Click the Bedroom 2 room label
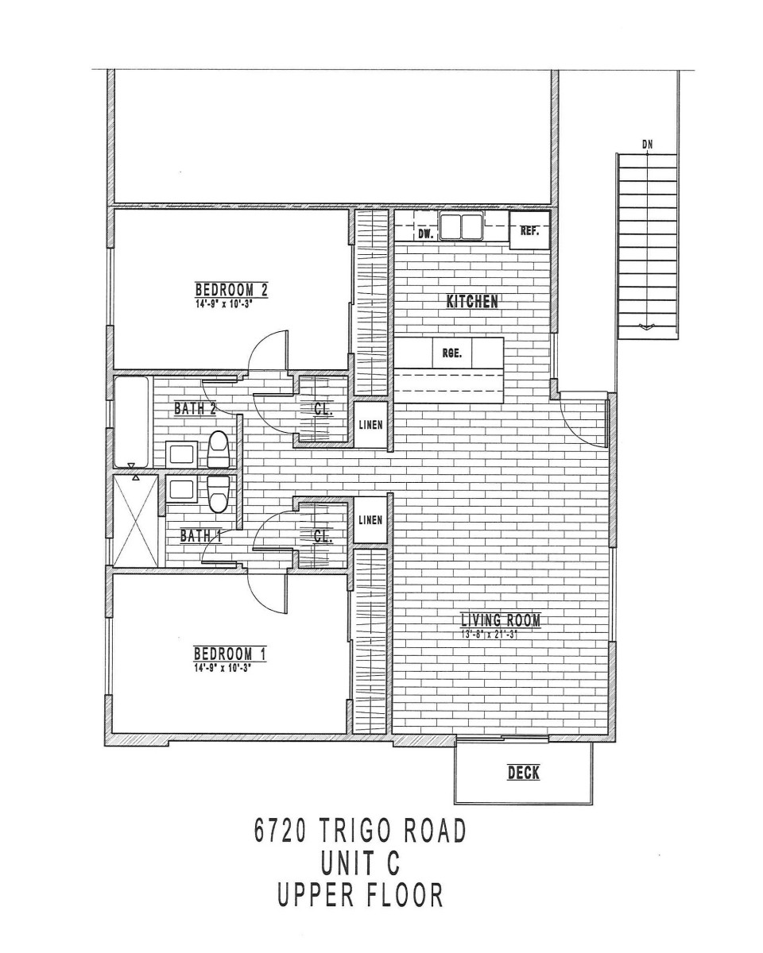231,290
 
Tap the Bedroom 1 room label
230,653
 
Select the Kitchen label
472,302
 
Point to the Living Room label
501,620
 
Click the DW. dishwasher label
425,235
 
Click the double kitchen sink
462,226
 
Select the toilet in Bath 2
218,449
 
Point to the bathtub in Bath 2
132,422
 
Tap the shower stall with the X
136,521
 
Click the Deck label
524,773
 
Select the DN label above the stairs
647,145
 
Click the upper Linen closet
370,425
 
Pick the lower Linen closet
370,519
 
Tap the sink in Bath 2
181,453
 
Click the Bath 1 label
200,536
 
